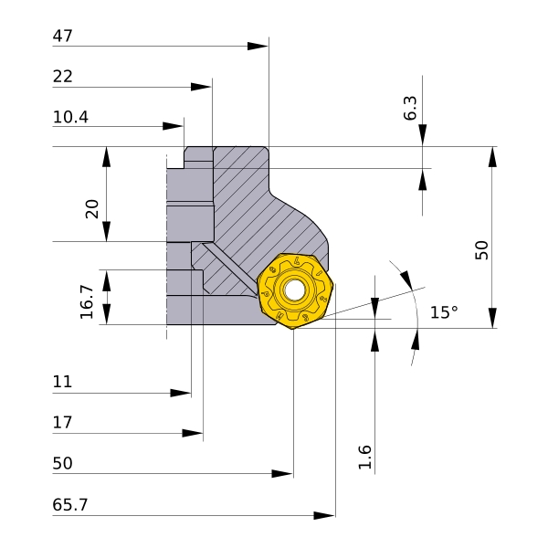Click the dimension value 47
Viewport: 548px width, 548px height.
62,36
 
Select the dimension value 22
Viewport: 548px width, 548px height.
62,77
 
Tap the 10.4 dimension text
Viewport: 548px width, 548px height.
70,117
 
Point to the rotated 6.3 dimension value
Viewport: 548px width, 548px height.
410,109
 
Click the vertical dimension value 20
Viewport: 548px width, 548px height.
92,209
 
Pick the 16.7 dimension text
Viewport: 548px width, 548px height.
87,302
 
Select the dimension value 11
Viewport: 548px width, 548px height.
62,382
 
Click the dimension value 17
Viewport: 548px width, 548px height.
62,423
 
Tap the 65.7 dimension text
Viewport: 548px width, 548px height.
70,505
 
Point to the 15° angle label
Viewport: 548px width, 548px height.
444,312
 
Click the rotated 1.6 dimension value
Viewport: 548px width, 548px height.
364,458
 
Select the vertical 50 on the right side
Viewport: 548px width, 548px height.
482,250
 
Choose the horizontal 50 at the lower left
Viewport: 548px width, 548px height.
62,463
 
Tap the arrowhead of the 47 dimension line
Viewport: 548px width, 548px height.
258,47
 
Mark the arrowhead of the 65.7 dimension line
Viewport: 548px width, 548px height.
324,515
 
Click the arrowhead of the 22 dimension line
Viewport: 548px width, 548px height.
201,87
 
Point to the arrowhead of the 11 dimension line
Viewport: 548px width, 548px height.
180,393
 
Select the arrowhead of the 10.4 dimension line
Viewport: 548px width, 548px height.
173,126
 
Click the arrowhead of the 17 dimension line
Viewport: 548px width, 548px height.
193,433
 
